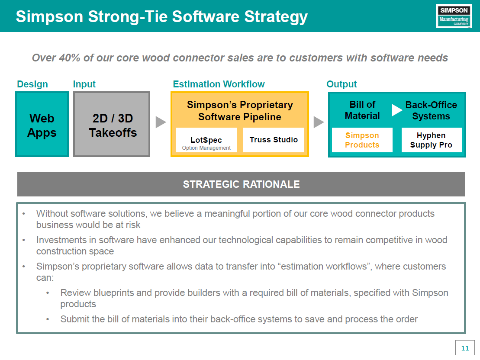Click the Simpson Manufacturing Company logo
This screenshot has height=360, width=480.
(x=454, y=16)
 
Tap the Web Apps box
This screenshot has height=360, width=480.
(x=42, y=125)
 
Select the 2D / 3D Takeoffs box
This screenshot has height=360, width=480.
(x=112, y=125)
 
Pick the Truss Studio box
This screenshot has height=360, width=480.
(x=274, y=140)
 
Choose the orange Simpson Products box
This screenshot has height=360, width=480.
(x=362, y=140)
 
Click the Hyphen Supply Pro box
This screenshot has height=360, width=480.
(x=432, y=140)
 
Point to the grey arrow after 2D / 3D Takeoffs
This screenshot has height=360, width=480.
(x=161, y=122)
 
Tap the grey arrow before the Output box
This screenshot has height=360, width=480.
(x=319, y=122)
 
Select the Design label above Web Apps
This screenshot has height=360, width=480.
(x=32, y=84)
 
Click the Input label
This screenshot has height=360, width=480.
(x=84, y=84)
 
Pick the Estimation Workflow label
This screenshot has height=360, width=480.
(x=219, y=84)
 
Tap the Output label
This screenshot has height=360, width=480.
(x=342, y=84)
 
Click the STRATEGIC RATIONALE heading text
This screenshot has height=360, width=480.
(x=241, y=184)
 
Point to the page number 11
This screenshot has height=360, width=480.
(x=465, y=348)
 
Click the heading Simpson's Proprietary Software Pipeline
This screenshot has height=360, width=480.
(x=240, y=111)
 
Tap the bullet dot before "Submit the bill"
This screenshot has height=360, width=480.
(x=49, y=320)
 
